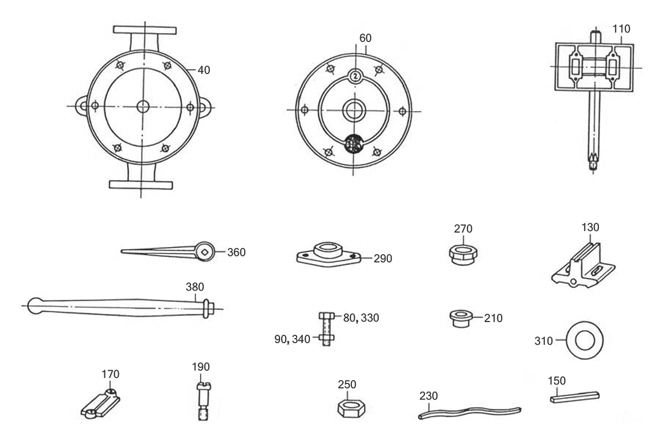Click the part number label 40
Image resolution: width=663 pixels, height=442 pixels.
click(x=204, y=70)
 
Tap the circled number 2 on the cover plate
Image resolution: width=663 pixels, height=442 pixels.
click(x=355, y=76)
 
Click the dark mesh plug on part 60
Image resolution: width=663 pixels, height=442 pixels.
click(x=354, y=144)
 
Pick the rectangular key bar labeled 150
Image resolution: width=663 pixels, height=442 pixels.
click(x=575, y=397)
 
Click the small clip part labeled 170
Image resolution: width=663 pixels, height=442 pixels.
click(x=101, y=403)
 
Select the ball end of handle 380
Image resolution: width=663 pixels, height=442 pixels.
click(x=35, y=306)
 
